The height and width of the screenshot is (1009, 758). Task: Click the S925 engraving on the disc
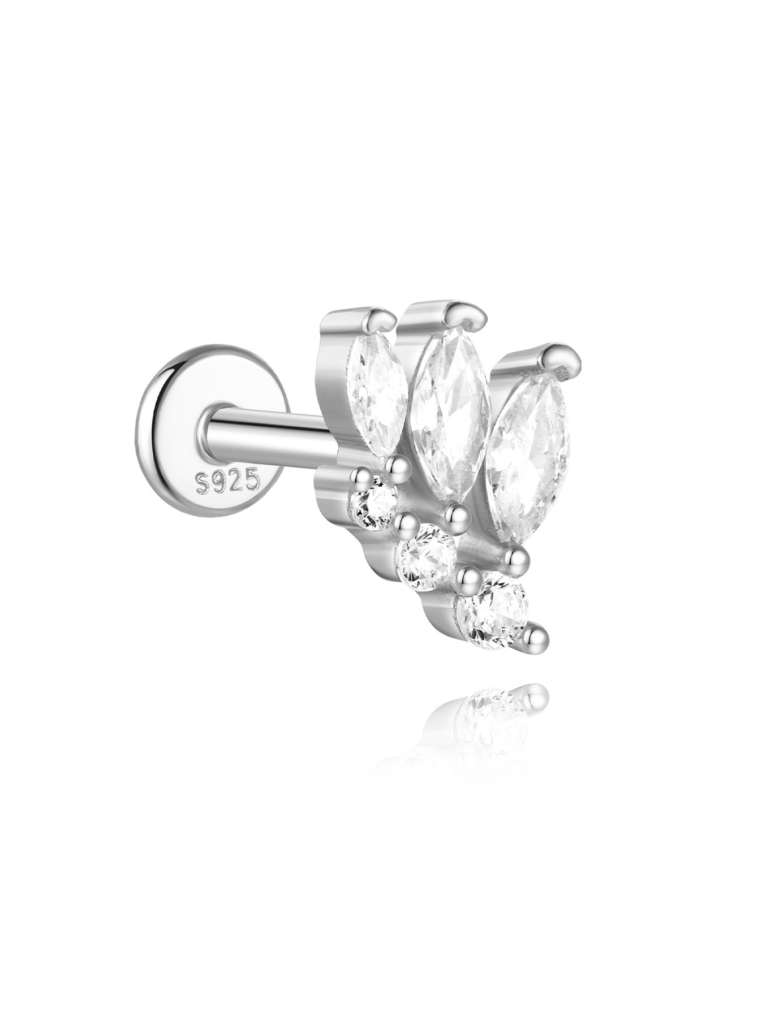click(x=227, y=481)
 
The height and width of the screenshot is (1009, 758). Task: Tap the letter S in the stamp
click(x=203, y=483)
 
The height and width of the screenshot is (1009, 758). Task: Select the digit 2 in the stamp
click(x=235, y=480)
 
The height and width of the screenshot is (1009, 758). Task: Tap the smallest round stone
click(x=374, y=501)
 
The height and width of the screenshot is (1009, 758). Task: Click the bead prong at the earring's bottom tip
click(x=534, y=636)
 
